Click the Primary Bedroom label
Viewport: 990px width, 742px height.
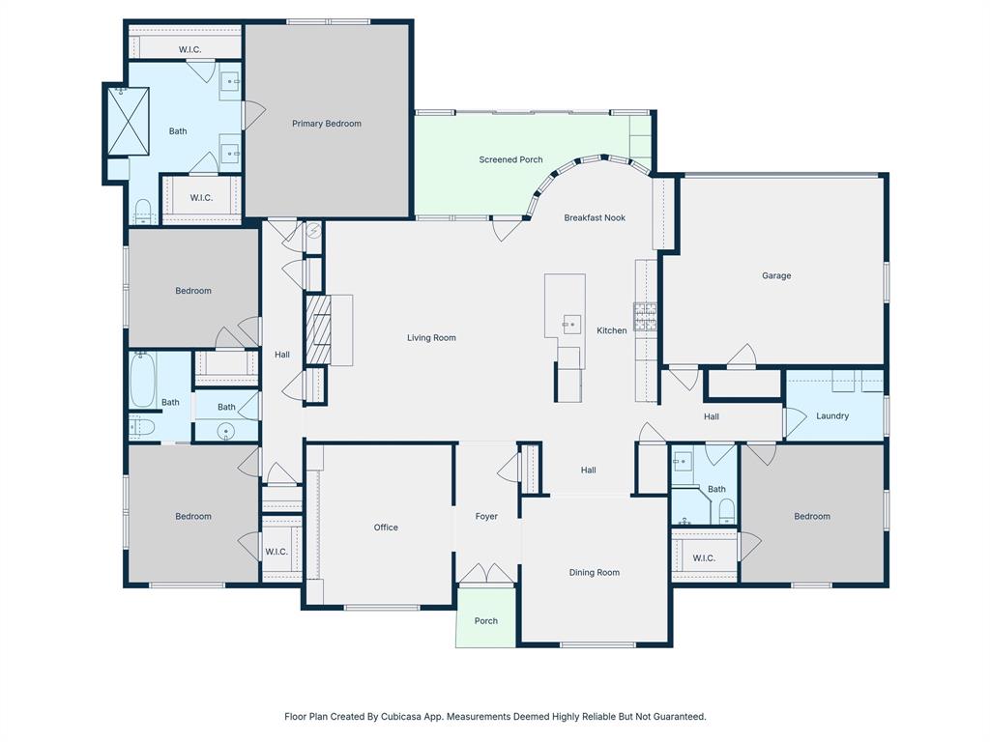tap(327, 124)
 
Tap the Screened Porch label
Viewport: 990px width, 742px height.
tap(510, 159)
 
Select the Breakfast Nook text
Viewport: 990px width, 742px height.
tap(595, 217)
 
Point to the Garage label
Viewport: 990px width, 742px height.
tap(775, 275)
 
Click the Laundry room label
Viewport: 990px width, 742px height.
tap(831, 416)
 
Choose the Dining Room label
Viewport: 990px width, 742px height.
tap(594, 572)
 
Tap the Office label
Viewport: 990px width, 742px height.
tap(386, 528)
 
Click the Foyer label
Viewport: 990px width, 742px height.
tap(486, 517)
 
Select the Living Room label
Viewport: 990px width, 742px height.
tap(431, 338)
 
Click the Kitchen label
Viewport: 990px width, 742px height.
tap(611, 330)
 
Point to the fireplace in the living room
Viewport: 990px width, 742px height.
tap(318, 329)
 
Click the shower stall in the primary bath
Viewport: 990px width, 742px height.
tap(128, 121)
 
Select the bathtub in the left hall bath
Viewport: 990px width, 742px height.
tap(142, 380)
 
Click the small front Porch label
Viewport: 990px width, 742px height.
tap(486, 620)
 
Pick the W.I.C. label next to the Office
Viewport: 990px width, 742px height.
tap(277, 552)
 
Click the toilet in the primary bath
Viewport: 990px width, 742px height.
tap(143, 212)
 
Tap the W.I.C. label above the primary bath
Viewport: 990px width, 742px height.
tap(189, 49)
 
